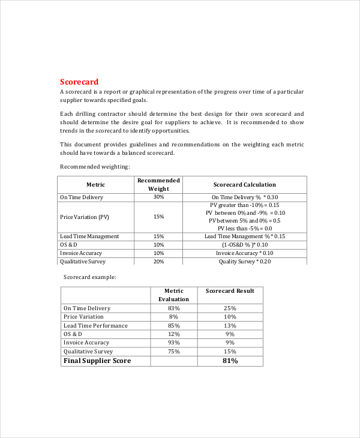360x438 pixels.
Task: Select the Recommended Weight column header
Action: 158,184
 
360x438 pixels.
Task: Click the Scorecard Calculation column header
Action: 244,185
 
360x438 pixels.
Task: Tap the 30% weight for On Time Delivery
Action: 158,197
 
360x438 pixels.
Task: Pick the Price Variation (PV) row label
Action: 85,217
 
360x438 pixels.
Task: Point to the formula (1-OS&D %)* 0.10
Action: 244,245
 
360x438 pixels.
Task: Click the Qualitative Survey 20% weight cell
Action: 158,262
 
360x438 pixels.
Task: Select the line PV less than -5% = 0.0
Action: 244,228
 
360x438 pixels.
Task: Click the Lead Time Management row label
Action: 89,236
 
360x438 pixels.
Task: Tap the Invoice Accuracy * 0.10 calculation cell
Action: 244,253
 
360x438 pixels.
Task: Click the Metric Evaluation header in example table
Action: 173,295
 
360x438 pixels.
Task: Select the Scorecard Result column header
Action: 230,291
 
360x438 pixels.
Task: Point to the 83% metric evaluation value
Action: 173,308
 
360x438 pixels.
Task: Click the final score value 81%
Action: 230,361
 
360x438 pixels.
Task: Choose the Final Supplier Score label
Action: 97,361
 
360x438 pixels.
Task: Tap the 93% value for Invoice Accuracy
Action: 173,343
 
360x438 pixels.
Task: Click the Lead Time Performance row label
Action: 95,326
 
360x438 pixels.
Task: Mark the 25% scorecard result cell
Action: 230,308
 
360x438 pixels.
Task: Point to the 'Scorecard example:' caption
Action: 90,277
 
